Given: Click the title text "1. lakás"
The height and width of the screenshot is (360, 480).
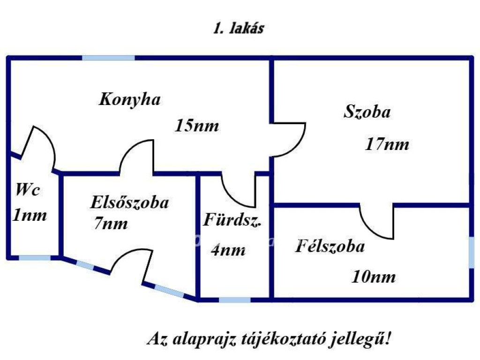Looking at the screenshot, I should point(239,29).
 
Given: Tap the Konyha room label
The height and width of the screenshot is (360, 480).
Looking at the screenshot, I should point(130,100).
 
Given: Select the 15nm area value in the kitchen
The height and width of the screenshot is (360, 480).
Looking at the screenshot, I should point(197,126).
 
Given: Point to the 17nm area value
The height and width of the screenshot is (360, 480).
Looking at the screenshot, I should point(387,144).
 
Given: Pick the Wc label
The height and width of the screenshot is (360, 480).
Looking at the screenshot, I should point(28,190).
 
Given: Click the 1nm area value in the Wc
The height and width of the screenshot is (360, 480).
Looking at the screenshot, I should point(30,216).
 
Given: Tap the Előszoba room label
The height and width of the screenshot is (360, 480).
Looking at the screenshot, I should point(129,202).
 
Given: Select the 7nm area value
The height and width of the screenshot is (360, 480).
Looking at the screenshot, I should point(111,224).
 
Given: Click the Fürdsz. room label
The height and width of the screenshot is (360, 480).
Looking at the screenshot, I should point(232,220).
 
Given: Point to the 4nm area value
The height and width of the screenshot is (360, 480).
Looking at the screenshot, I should point(228,250).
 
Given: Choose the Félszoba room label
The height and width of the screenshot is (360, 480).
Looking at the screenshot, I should point(330,247).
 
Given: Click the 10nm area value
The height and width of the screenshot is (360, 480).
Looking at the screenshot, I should point(374,277).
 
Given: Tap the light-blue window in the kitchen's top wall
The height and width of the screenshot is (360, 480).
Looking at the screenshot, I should point(108,58).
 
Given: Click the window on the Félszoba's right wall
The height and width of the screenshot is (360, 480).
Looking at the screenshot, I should point(471,253).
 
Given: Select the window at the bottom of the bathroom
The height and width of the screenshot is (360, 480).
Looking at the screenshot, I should point(234,299).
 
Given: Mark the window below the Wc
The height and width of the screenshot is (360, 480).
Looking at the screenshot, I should point(34,257).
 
